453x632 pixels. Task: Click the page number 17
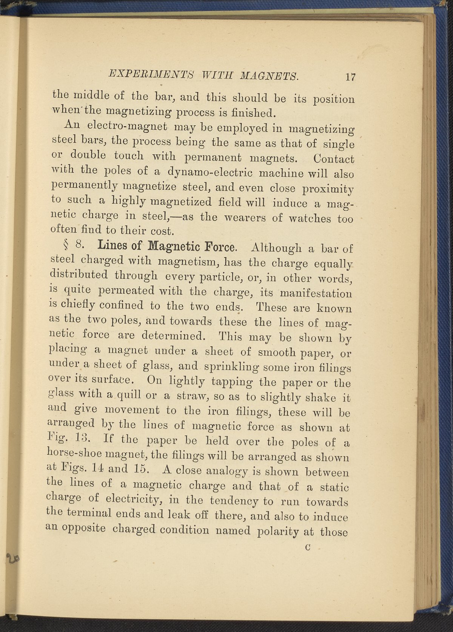(x=350, y=77)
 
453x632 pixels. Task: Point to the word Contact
(x=334, y=159)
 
